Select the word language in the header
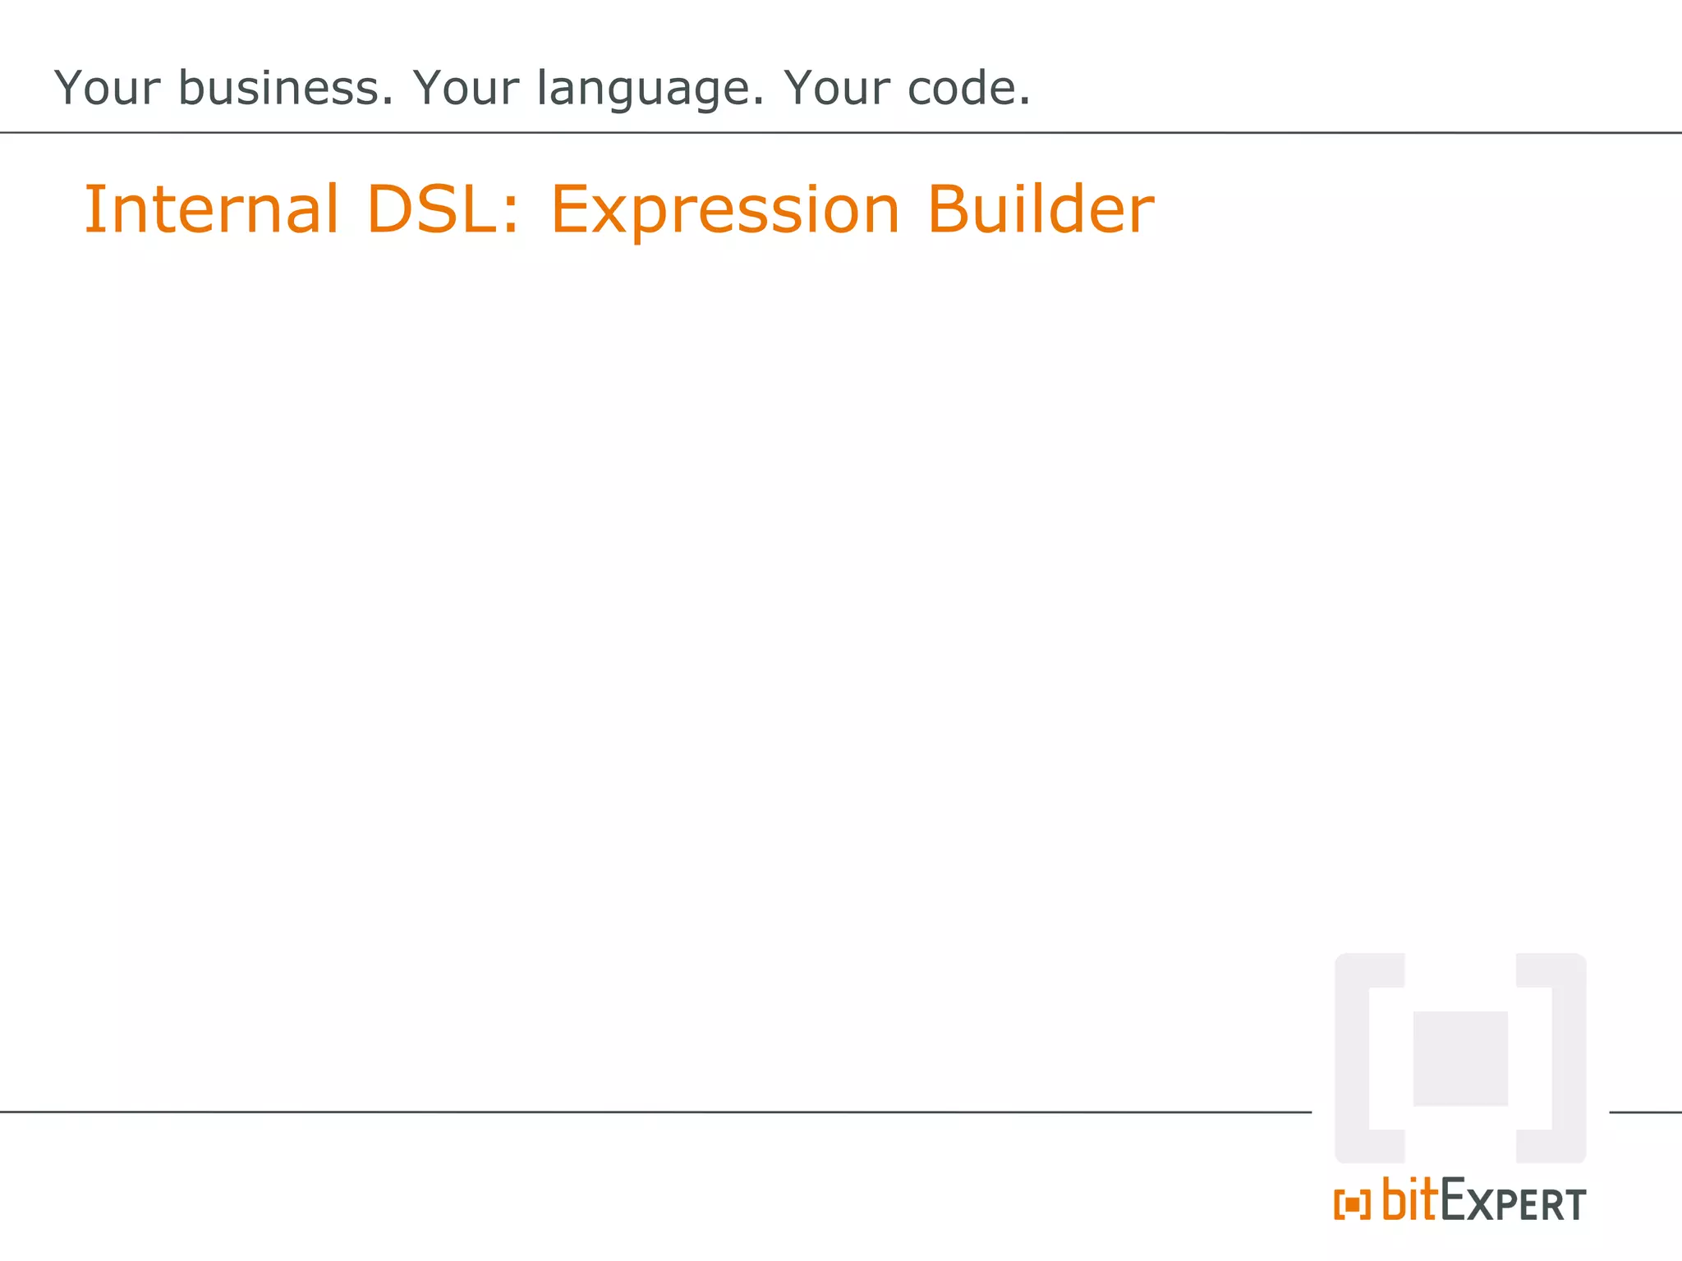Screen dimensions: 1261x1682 tap(650, 89)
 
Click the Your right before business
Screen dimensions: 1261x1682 tap(107, 88)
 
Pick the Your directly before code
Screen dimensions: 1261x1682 tap(836, 88)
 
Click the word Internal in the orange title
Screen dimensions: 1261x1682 tap(211, 209)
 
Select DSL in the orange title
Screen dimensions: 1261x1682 tap(432, 209)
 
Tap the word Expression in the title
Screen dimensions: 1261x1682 tap(724, 211)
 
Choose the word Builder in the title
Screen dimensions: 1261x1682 tap(1040, 209)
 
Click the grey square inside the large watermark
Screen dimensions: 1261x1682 tap(1459, 1058)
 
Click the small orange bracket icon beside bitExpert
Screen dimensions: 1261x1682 tap(1352, 1204)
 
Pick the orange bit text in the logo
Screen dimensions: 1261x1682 tap(1410, 1199)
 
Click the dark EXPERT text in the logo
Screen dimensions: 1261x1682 tap(1513, 1203)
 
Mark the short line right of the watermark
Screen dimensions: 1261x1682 tap(1645, 1112)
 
